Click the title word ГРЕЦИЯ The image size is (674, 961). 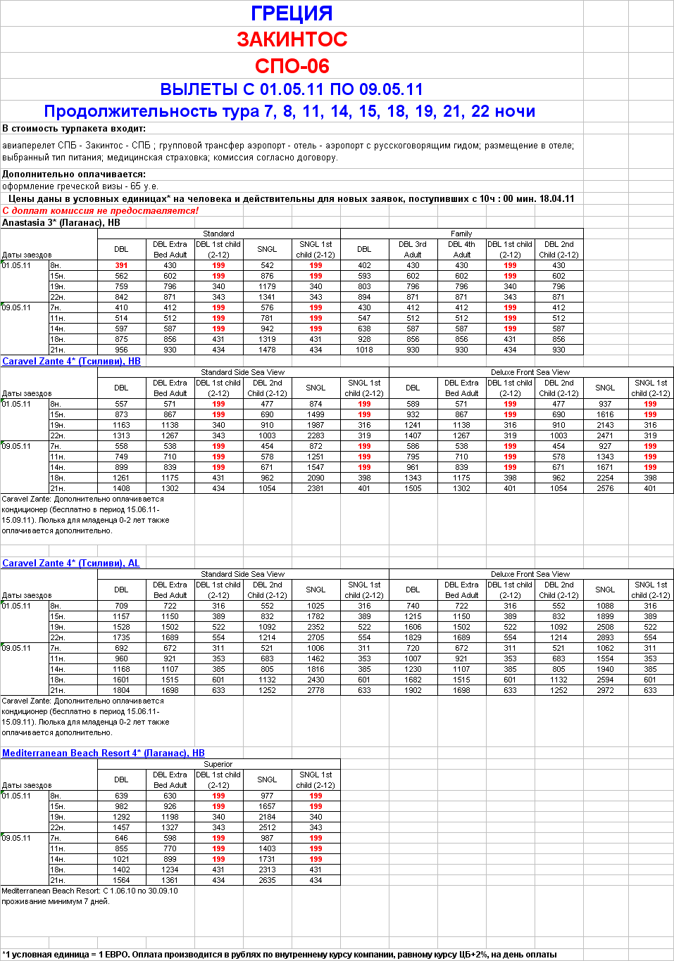(292, 13)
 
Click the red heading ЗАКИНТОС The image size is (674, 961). (292, 39)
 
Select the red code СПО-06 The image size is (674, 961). (292, 66)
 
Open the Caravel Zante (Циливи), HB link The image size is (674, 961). (71, 362)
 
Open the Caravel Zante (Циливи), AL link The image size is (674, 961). (70, 564)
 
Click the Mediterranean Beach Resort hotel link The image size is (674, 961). (103, 753)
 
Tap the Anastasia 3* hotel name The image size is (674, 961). (61, 223)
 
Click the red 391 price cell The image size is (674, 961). (121, 266)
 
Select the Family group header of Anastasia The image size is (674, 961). (461, 234)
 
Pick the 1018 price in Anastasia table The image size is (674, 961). (364, 350)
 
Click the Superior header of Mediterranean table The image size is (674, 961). (218, 764)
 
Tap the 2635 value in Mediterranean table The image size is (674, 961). (267, 880)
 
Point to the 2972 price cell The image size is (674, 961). (605, 690)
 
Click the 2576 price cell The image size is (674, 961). (605, 488)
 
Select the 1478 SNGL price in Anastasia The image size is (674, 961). (267, 350)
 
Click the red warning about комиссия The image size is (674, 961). (101, 211)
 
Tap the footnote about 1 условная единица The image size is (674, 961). (280, 955)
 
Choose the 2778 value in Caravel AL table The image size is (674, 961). (316, 690)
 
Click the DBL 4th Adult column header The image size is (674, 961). (461, 250)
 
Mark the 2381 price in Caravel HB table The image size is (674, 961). (316, 488)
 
